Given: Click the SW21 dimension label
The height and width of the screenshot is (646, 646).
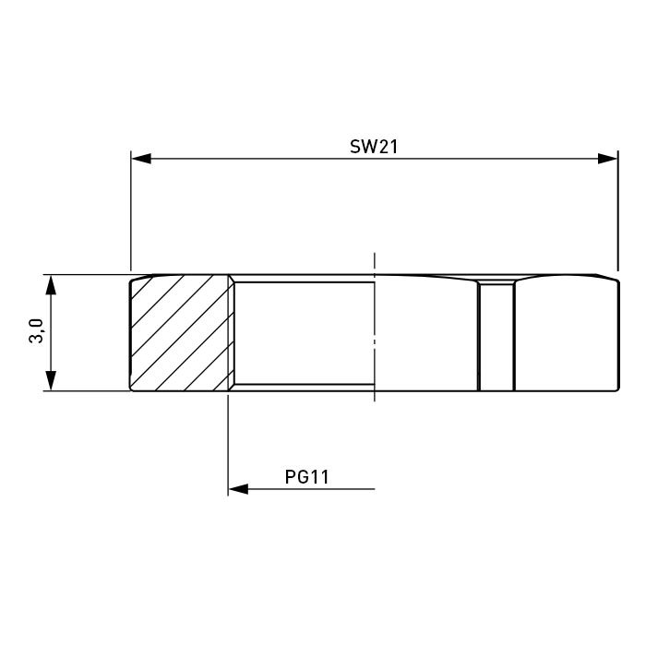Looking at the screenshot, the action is (x=374, y=147).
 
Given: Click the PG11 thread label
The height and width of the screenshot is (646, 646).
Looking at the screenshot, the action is (x=307, y=477).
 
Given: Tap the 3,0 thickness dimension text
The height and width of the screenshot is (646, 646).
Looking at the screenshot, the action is (x=36, y=330).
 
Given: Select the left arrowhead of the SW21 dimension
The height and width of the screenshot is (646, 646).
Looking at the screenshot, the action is (x=141, y=159).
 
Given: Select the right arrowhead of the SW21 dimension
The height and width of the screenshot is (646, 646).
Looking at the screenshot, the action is (x=607, y=159).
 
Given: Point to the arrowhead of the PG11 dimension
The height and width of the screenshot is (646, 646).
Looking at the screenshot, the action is (x=238, y=489).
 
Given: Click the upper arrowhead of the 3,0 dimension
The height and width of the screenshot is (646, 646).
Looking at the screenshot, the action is (x=51, y=284).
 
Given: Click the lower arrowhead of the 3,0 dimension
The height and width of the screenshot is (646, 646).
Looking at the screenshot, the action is (x=51, y=380).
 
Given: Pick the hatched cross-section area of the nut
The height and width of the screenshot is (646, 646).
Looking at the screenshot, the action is (x=180, y=332).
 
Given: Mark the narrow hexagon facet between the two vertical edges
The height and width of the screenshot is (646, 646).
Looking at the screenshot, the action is (x=496, y=335).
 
